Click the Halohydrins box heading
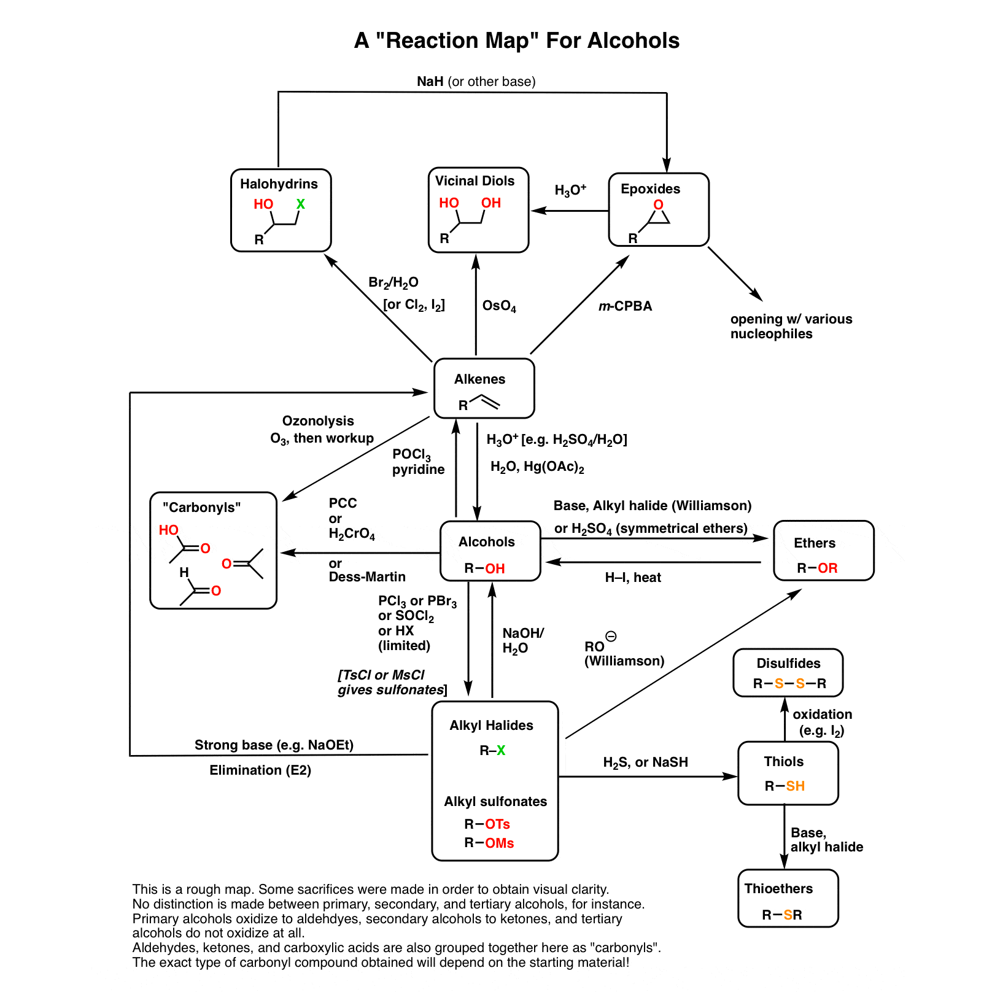[279, 184]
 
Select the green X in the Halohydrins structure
[300, 204]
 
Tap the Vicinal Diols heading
[475, 181]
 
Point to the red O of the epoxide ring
[659, 205]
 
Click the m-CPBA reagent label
[625, 306]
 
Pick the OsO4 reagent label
[499, 306]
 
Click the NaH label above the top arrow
[430, 82]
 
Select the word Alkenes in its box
[479, 379]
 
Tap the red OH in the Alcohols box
[495, 568]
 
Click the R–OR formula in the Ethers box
[817, 568]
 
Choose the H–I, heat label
[633, 578]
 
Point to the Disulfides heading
[788, 664]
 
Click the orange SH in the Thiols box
[795, 786]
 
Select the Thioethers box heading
[778, 889]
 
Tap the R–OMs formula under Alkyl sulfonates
[489, 843]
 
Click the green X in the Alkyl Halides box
[501, 751]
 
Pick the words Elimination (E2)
[260, 770]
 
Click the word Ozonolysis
[318, 421]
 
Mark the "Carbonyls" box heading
[201, 508]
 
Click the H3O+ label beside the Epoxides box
[570, 190]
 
